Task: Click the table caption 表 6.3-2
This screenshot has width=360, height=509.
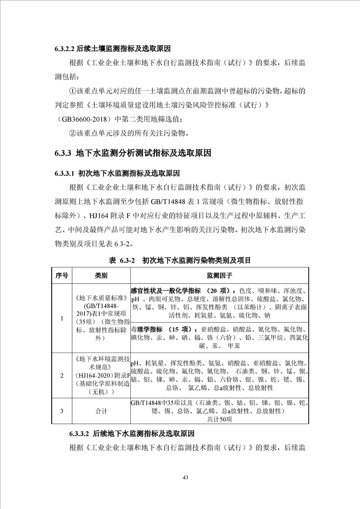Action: tap(180, 261)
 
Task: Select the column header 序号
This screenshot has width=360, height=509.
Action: tap(62, 275)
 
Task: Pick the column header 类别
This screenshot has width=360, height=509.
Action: tap(101, 275)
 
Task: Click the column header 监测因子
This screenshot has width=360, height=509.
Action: tap(219, 275)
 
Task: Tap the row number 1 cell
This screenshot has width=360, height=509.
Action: tap(62, 318)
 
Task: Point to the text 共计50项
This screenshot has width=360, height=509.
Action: tap(219, 419)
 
